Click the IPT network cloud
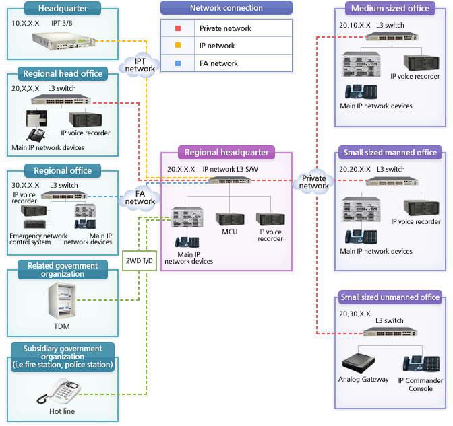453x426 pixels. click(140, 65)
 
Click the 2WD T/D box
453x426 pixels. click(140, 260)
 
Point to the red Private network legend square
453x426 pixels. click(177, 28)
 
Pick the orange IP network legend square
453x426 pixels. click(177, 46)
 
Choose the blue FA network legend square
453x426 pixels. click(177, 63)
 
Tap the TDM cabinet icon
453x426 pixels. click(61, 300)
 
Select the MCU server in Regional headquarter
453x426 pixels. click(229, 219)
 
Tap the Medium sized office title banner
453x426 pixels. click(390, 9)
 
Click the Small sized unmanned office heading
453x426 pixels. click(390, 297)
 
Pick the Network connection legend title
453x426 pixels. click(227, 8)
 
